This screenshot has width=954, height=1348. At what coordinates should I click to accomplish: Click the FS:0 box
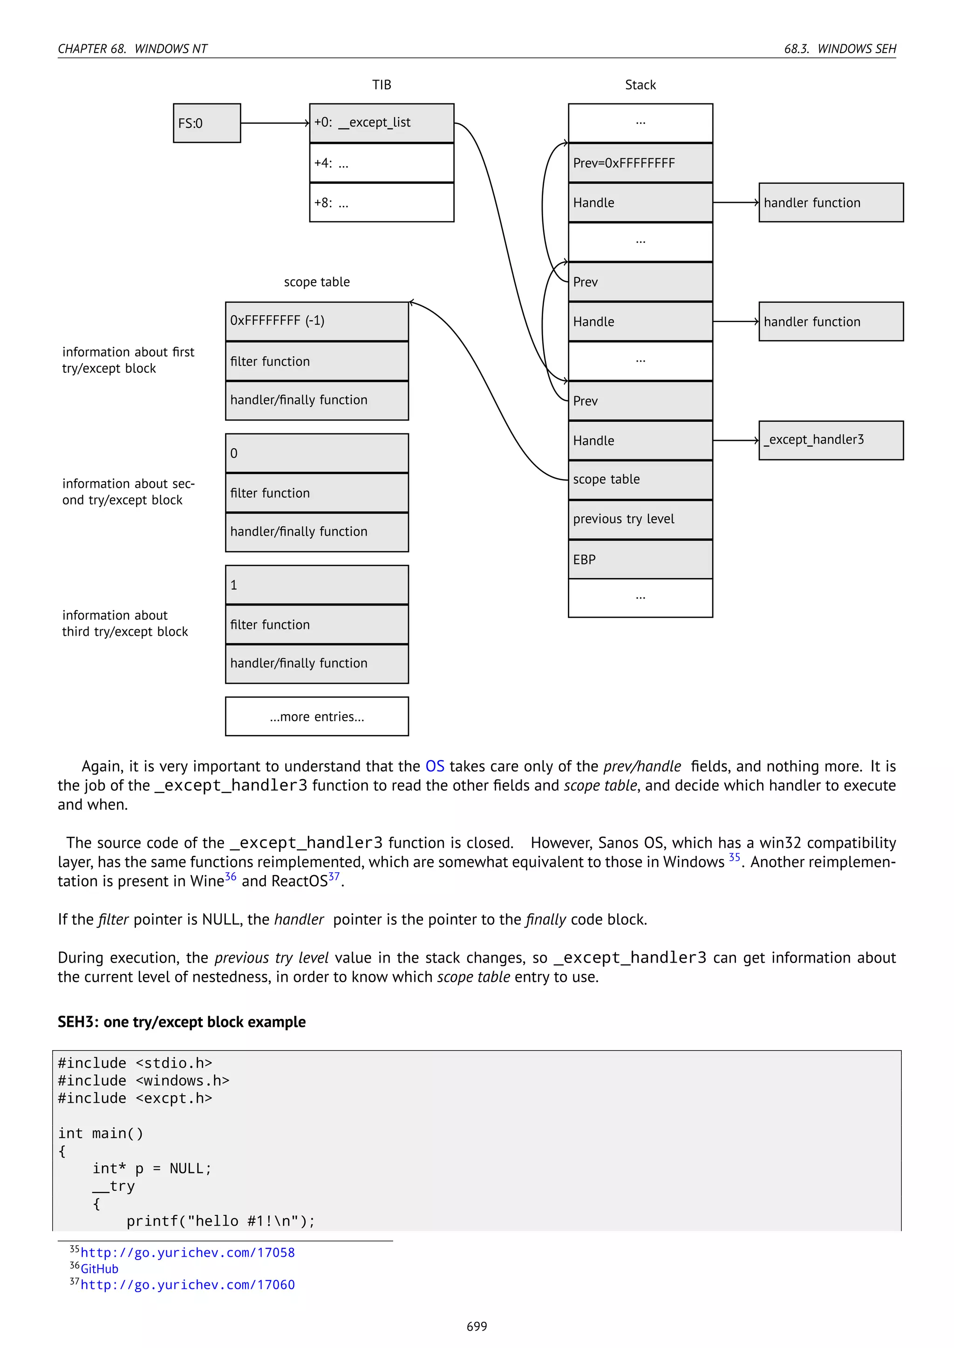[207, 123]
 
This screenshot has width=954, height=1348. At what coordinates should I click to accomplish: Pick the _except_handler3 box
[831, 440]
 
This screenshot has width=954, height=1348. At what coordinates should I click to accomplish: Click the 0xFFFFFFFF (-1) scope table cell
[317, 321]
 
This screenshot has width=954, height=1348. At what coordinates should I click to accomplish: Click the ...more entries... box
[317, 716]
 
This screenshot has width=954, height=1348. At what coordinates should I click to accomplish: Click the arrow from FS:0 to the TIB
[274, 123]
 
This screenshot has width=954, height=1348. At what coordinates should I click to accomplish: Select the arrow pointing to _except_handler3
[736, 440]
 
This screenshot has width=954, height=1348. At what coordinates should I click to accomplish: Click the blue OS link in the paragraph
[435, 766]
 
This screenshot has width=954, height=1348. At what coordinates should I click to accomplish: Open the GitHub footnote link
[99, 1269]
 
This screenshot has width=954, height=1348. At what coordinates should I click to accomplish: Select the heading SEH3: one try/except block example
[182, 1022]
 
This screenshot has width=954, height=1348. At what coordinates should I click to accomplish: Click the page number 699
[477, 1326]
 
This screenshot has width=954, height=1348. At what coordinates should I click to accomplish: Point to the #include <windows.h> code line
[143, 1080]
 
